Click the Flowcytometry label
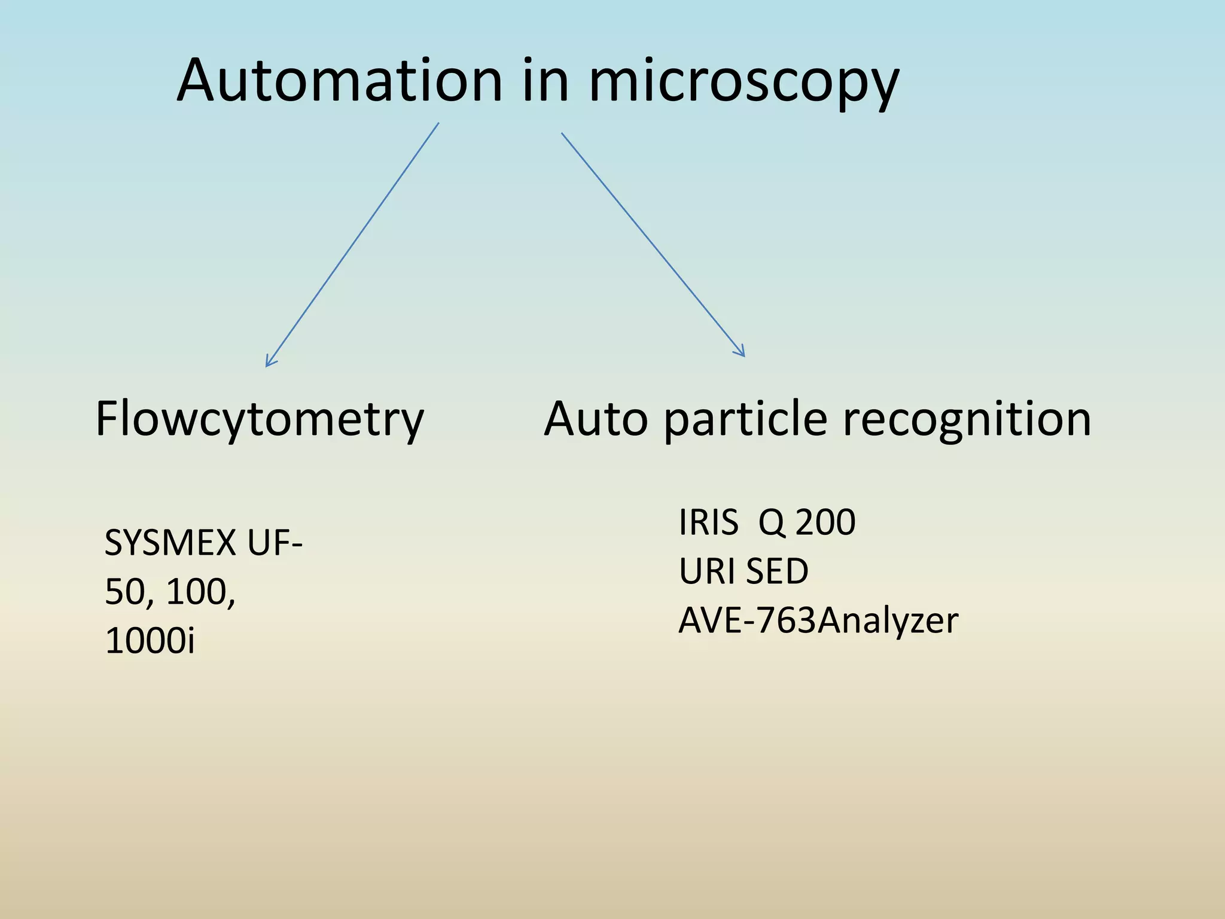[x=260, y=419]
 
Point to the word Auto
[x=596, y=419]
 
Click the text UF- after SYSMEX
[x=275, y=543]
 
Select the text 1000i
[x=150, y=641]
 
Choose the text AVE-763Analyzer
[x=818, y=620]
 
